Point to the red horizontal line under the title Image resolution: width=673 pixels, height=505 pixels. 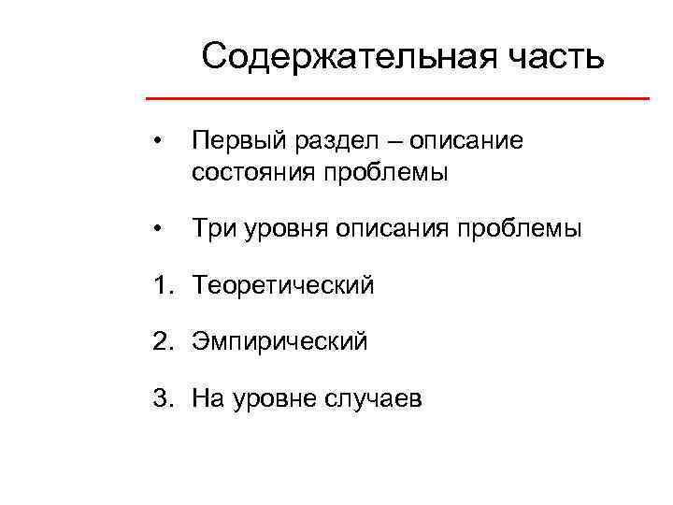coord(398,98)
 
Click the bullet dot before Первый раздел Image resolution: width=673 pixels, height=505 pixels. coord(161,142)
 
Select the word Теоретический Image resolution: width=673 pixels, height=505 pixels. coord(283,285)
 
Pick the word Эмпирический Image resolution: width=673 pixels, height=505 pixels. coord(279,342)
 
